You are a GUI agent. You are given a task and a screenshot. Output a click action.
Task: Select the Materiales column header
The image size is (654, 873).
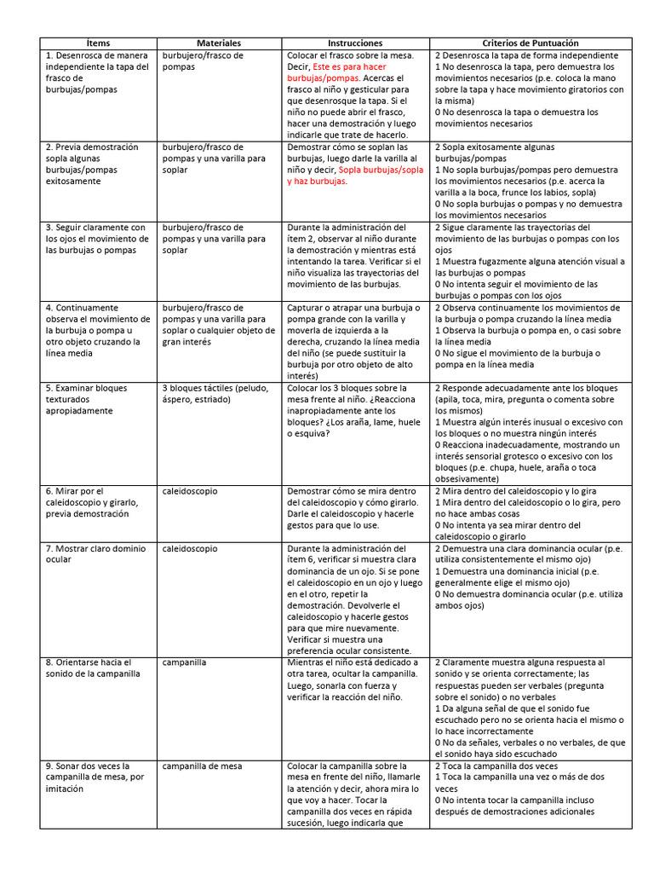pyautogui.click(x=219, y=43)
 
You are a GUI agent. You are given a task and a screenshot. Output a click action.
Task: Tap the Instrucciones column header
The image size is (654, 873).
pyautogui.click(x=355, y=43)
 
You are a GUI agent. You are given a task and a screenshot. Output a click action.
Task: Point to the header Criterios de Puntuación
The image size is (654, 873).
pyautogui.click(x=531, y=43)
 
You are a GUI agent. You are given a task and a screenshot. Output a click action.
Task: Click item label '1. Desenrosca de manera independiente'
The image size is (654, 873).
pyautogui.click(x=96, y=72)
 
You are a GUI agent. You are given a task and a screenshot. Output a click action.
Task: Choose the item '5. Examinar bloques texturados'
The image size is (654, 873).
pyautogui.click(x=86, y=399)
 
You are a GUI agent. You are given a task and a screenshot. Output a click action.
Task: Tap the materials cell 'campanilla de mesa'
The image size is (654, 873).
pyautogui.click(x=202, y=766)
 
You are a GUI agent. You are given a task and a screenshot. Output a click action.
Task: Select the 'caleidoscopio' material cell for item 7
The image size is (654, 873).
pyautogui.click(x=189, y=549)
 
